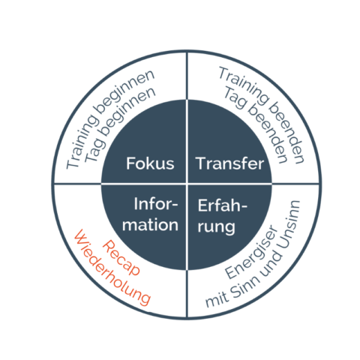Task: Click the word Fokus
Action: pos(150,163)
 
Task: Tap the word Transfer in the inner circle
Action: pos(229,163)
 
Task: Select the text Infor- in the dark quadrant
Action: pos(156,204)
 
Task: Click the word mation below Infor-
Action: pos(150,224)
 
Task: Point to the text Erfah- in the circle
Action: pos(223,205)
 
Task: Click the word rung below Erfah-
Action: pos(216,227)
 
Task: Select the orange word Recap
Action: pos(121,258)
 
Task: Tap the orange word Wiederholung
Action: pos(112,268)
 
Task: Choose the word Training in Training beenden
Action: pos(244,85)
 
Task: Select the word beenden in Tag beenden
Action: pos(268,133)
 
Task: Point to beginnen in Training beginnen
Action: pos(124,91)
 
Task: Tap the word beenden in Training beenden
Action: pos(286,133)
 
